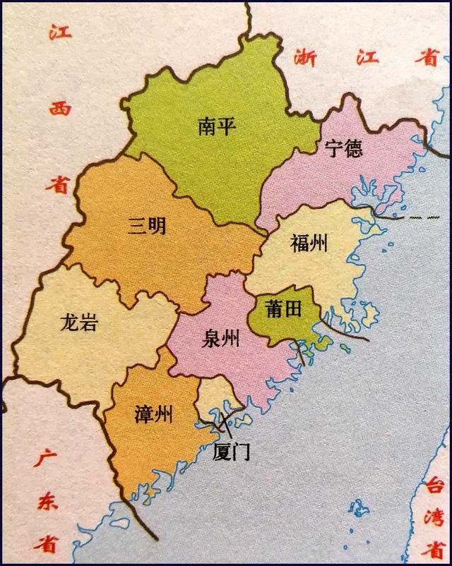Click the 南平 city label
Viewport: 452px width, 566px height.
217,127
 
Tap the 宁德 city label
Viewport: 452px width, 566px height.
344,149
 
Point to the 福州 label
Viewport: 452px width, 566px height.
309,245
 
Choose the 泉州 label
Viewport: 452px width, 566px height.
220,339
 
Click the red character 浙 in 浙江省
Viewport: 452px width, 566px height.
304,59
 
